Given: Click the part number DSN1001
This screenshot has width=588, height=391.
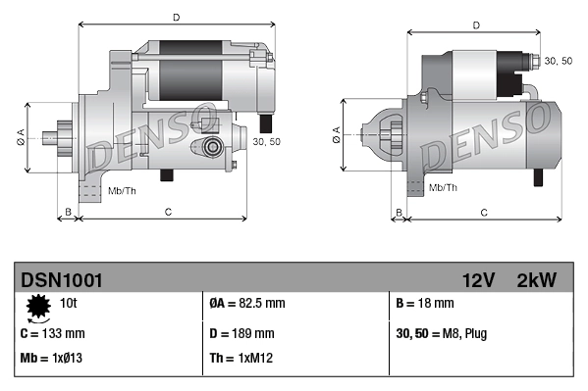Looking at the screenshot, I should click(x=61, y=280).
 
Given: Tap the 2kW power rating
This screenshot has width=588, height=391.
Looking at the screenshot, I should click(x=536, y=280).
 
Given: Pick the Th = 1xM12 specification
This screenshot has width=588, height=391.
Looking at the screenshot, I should click(x=241, y=358).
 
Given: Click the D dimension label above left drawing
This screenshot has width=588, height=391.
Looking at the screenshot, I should click(x=176, y=17).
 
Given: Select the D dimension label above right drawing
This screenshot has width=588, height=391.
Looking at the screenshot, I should click(x=475, y=25).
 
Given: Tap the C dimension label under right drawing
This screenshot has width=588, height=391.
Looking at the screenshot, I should click(x=484, y=212).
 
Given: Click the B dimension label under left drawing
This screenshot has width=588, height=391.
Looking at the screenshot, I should click(x=68, y=212).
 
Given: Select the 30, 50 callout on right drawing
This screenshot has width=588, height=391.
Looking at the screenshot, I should click(x=559, y=61).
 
